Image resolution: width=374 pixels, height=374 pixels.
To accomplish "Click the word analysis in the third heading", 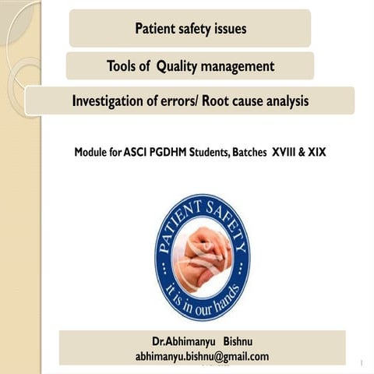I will click(x=283, y=101).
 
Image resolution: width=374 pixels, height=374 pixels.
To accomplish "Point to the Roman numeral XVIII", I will click(x=286, y=153).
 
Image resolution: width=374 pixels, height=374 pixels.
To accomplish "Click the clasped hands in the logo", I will click(x=204, y=253).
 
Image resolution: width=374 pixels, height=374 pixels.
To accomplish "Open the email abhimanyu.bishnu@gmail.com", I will click(x=202, y=356).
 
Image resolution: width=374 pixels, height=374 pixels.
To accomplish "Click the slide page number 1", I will click(x=363, y=363).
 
